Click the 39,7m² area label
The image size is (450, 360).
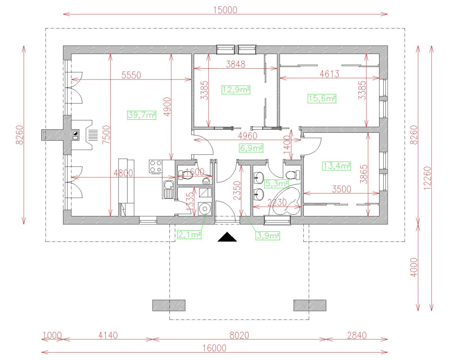click(x=142, y=115)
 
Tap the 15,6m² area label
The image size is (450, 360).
click(x=322, y=99)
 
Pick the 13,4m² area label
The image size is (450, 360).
click(x=336, y=166)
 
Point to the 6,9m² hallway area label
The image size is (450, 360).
click(x=251, y=148)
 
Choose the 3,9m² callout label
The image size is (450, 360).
click(x=268, y=235)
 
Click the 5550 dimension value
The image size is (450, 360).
click(x=131, y=75)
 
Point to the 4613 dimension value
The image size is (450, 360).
click(x=329, y=74)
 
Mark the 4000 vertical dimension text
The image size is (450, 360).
click(x=414, y=267)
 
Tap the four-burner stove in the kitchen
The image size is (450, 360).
click(x=156, y=166)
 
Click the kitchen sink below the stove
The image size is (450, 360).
click(x=169, y=184)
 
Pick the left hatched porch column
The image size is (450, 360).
click(x=169, y=305)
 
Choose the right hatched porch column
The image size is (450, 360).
click(x=310, y=305)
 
